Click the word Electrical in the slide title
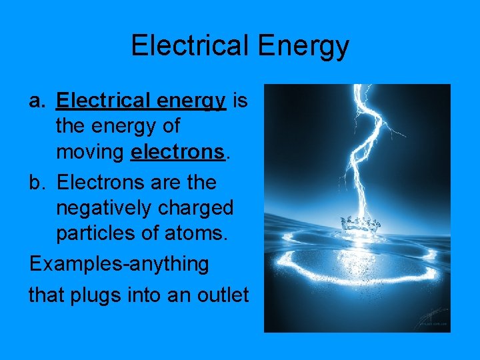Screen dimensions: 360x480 [x=187, y=46]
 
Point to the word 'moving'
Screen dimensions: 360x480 [x=90, y=153]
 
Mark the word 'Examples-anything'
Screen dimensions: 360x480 [x=119, y=264]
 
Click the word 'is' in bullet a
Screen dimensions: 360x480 [x=241, y=101]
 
